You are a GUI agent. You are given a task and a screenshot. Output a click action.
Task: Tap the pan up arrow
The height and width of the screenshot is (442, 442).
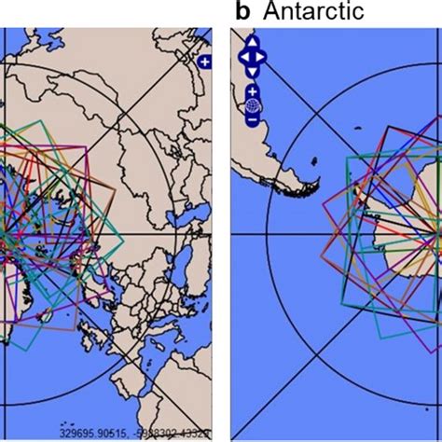click(252, 43)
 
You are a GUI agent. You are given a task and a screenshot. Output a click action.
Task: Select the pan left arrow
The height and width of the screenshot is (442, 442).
click(242, 57)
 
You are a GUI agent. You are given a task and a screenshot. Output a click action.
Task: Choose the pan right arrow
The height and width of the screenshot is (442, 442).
click(262, 57)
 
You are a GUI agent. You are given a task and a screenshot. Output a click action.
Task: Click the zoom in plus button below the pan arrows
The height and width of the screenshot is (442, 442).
click(252, 92)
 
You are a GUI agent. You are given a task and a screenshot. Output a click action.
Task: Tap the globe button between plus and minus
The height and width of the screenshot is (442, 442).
click(252, 106)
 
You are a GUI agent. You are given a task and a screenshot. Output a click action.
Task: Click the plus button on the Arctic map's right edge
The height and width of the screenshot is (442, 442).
click(205, 62)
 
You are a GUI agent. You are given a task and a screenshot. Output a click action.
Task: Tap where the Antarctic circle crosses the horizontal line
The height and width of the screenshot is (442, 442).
click(268, 233)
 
